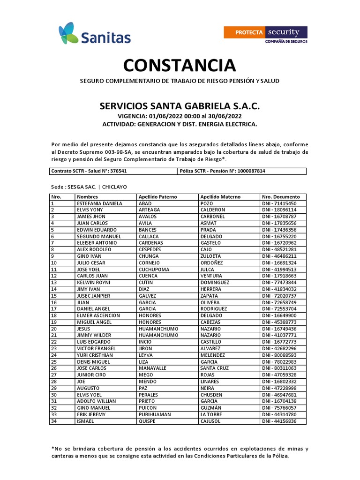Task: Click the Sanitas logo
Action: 88,33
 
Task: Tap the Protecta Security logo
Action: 265,34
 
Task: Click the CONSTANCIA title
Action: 180,65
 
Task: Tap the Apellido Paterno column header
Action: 157,197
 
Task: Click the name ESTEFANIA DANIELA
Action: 99,203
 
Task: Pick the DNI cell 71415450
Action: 279,203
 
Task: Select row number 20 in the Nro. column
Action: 54,329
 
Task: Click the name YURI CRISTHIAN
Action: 96,355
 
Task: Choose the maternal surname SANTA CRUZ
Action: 215,368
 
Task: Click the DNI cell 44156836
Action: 279,421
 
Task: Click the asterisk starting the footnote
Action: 52,448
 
